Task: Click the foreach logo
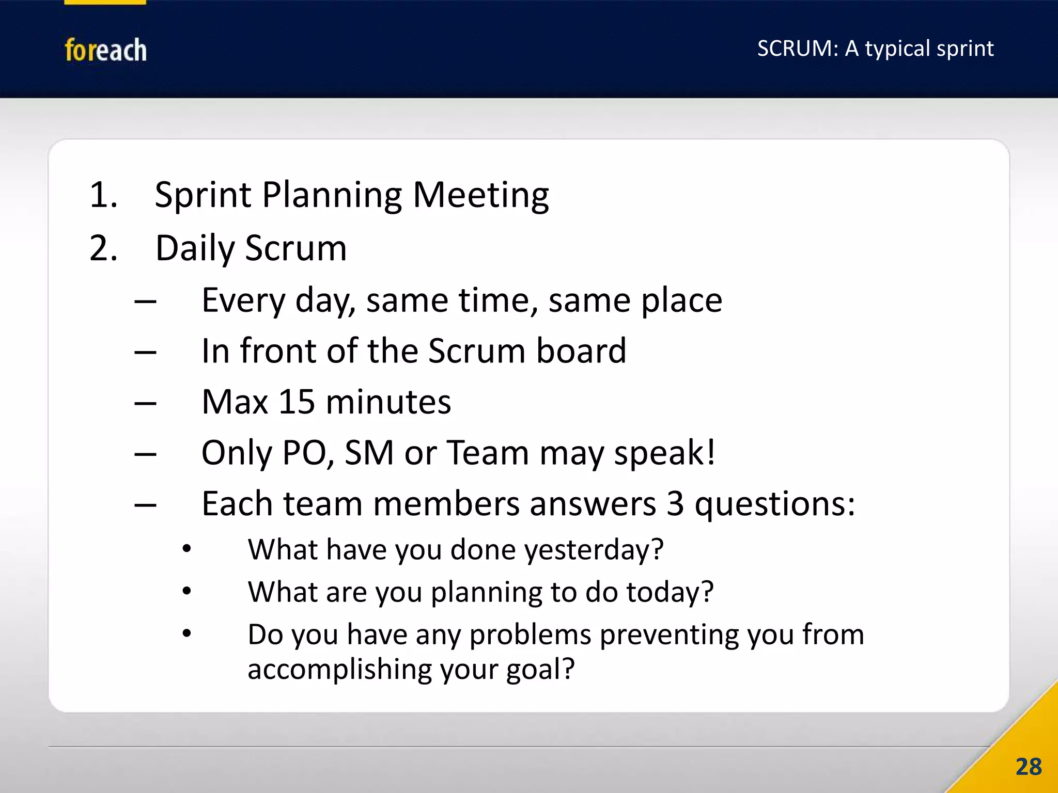pyautogui.click(x=105, y=50)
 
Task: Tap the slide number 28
pyautogui.click(x=1028, y=767)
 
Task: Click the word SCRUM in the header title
pyautogui.click(x=795, y=49)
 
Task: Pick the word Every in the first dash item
pyautogui.click(x=243, y=300)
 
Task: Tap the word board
pyautogui.click(x=581, y=351)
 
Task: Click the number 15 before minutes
pyautogui.click(x=297, y=402)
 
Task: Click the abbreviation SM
pyautogui.click(x=369, y=453)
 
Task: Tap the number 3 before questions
pyautogui.click(x=675, y=503)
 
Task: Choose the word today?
pyautogui.click(x=670, y=592)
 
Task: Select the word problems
pyautogui.click(x=530, y=635)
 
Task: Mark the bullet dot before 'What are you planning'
pyautogui.click(x=187, y=591)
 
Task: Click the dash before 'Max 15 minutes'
pyautogui.click(x=145, y=403)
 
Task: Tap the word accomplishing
pyautogui.click(x=339, y=670)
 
